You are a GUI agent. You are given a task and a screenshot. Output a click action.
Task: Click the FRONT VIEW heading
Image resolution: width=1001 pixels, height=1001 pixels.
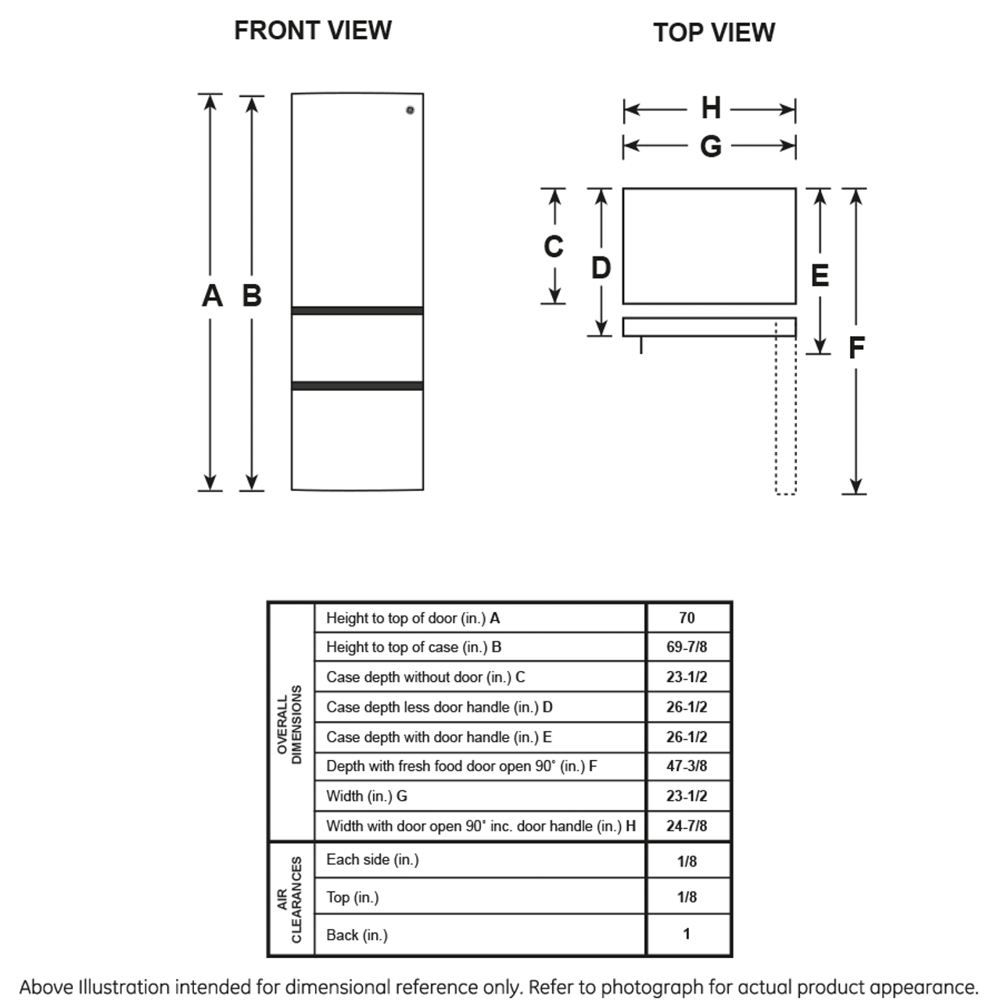pos(313,30)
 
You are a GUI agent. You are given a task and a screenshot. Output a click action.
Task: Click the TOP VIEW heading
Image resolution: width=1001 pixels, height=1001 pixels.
pos(714,32)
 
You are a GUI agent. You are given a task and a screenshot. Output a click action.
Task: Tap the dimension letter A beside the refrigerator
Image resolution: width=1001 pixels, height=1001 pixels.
pos(212,296)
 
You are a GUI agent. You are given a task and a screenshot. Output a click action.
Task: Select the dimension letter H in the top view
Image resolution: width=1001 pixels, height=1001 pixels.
pos(711,108)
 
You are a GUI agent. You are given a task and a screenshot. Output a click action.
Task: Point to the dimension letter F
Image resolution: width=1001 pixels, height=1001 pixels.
pos(856,347)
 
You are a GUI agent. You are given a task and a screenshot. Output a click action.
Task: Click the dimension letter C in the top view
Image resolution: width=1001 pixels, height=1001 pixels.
pos(553,246)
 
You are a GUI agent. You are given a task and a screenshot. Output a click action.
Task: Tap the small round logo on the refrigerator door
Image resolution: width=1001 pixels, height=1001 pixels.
pos(410,110)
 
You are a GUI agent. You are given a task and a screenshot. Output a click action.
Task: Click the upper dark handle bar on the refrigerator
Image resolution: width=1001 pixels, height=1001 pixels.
pos(357,310)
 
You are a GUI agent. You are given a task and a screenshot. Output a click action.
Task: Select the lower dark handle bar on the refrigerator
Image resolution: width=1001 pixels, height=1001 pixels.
pos(357,386)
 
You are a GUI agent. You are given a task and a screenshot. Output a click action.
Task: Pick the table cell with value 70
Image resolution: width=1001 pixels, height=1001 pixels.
pos(687,618)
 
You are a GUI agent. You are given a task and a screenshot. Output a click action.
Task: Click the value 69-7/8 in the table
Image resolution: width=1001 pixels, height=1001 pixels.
pos(687,647)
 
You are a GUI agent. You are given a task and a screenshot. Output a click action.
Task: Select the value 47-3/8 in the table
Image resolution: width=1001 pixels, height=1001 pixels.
pos(687,766)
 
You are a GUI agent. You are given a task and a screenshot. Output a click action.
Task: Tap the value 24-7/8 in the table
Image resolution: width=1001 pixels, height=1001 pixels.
pos(687,825)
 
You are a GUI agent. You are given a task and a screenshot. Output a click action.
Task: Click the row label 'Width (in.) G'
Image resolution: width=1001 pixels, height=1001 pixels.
pos(367,796)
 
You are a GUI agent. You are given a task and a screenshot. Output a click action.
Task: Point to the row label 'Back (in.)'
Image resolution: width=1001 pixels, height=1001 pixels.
pos(357,935)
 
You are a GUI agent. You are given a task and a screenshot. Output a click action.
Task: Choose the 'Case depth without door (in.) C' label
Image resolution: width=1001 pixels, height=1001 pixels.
pos(425,677)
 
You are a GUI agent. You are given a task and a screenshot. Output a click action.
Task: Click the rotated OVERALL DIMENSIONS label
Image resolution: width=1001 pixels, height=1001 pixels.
pos(289,725)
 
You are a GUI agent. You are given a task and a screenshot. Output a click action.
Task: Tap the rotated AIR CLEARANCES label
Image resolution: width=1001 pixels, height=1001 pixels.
pos(289,899)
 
